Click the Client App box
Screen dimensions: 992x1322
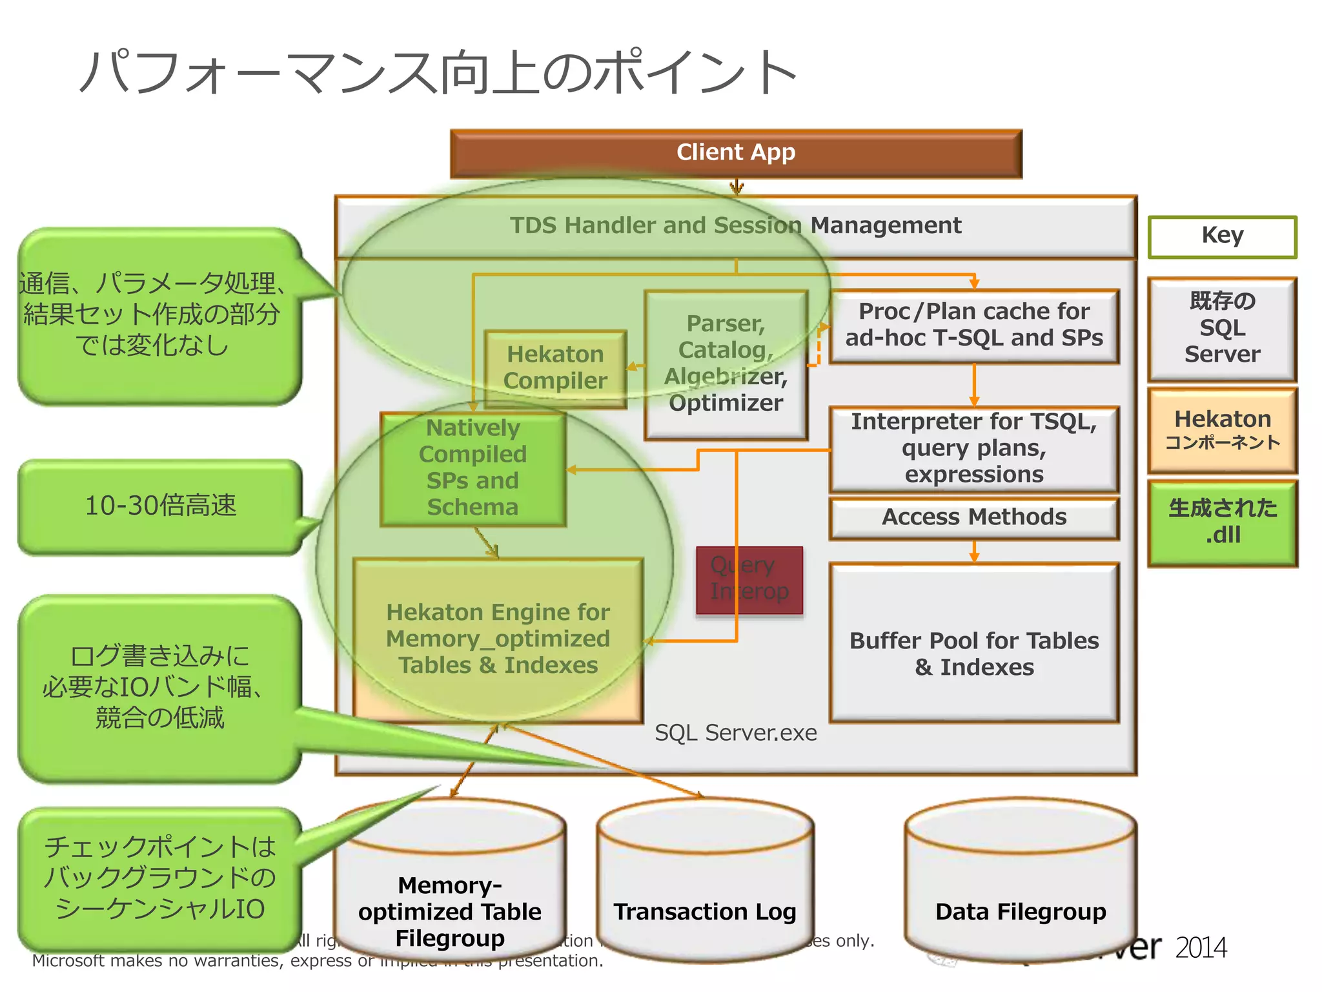point(736,153)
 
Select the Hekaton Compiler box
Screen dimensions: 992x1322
point(555,367)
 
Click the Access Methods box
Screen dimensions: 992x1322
point(973,517)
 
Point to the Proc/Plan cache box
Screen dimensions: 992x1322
point(973,325)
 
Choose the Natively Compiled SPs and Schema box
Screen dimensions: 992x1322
point(473,468)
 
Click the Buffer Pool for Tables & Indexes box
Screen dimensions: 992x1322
point(973,652)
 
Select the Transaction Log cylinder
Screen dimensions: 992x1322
point(705,891)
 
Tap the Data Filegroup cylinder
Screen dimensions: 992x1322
point(1020,891)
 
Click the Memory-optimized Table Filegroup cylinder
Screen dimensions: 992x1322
point(450,898)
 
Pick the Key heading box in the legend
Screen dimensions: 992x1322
point(1222,236)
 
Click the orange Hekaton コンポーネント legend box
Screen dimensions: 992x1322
point(1222,429)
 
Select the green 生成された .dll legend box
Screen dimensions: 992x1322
point(1222,522)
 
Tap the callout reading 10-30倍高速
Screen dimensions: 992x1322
point(160,506)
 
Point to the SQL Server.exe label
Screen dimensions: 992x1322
point(735,733)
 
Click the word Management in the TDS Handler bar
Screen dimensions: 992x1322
point(886,225)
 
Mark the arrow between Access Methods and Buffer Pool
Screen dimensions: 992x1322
point(974,552)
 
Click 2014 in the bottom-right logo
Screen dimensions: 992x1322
point(1200,947)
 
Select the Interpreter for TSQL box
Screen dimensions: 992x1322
point(973,448)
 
